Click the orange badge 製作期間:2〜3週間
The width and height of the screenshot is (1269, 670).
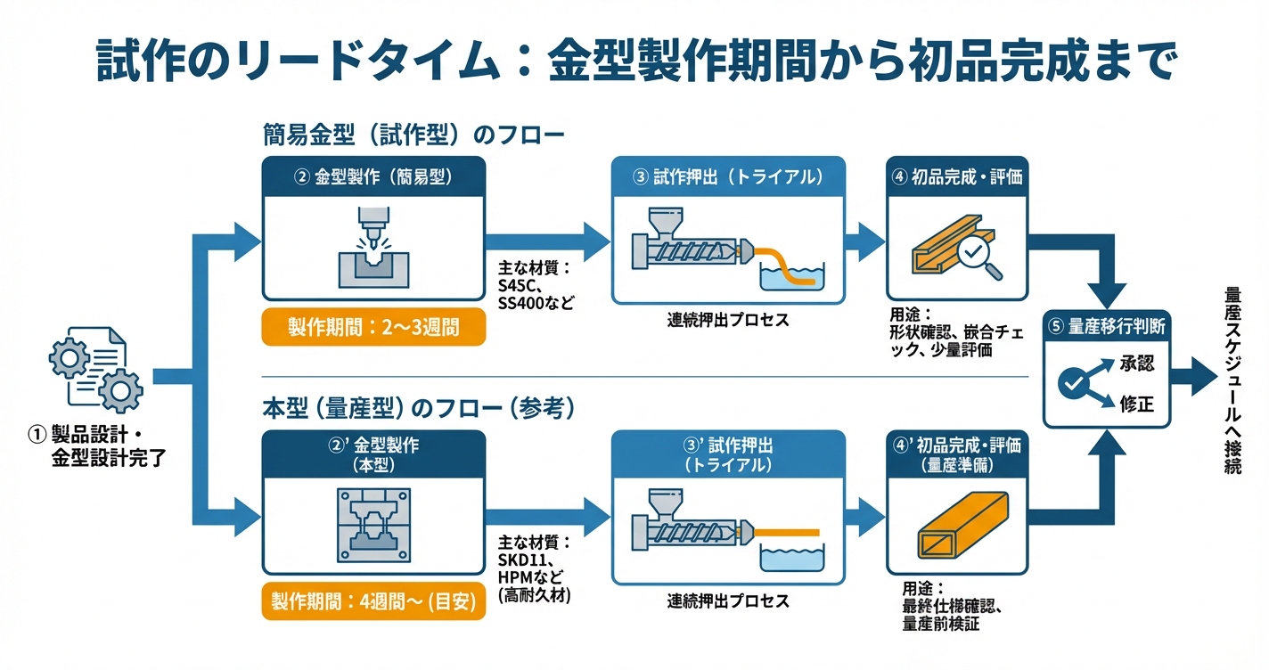[x=373, y=327]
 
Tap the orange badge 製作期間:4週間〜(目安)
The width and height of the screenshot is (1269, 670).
[x=373, y=602]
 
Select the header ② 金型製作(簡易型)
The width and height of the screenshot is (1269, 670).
[x=373, y=176]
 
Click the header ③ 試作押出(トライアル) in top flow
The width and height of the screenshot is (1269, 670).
[x=727, y=176]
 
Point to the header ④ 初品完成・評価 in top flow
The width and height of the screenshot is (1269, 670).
[x=956, y=176]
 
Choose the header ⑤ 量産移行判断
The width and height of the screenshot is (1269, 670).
[x=1108, y=326]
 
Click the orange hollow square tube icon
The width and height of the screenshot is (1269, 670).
[x=954, y=529]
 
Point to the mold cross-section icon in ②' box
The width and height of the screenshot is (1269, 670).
[x=373, y=527]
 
